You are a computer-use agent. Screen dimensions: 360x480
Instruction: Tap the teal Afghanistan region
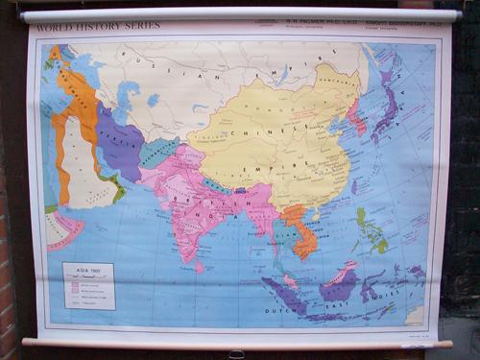pyautogui.click(x=156, y=151)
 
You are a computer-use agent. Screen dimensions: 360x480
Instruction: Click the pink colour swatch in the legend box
pyautogui.click(x=71, y=281)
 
